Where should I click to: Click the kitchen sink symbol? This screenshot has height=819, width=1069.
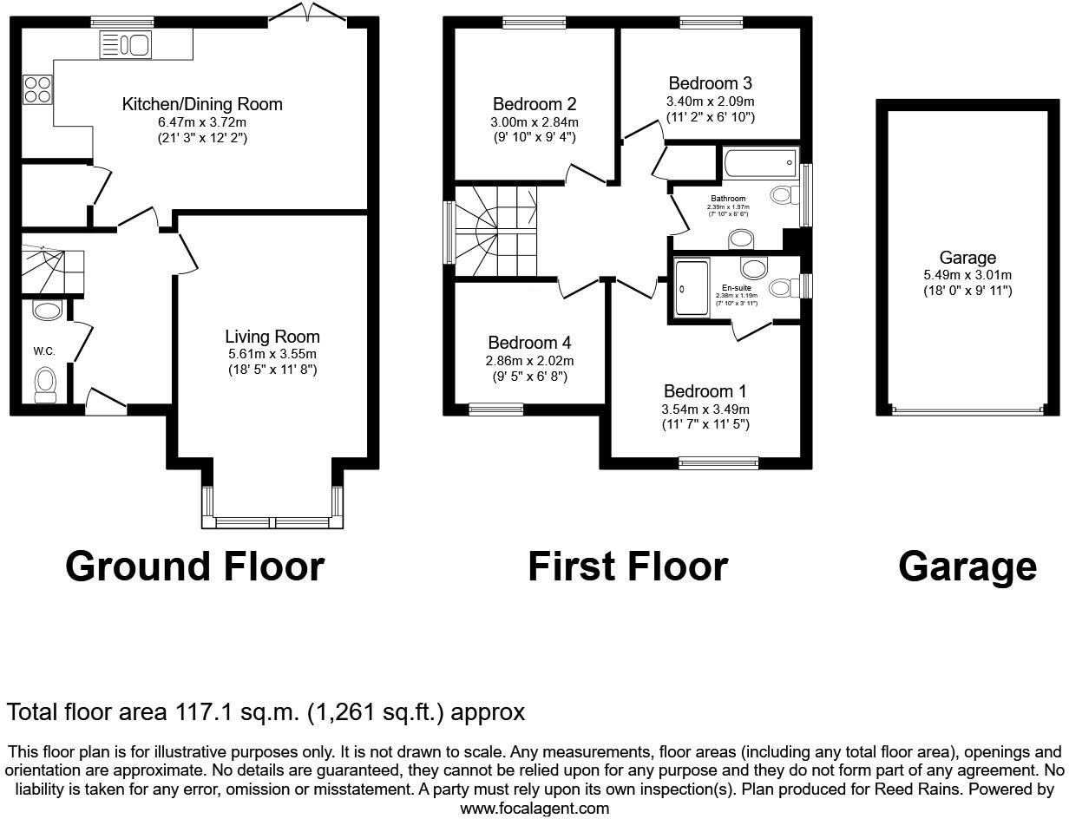pos(126,44)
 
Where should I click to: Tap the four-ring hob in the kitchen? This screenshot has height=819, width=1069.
pos(36,89)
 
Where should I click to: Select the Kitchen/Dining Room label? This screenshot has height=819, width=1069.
pos(201,105)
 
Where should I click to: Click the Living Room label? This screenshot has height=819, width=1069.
pos(272,337)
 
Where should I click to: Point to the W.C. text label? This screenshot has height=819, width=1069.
pos(44,351)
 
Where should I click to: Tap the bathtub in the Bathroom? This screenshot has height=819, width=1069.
pos(759,161)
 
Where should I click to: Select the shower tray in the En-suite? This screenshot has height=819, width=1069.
pos(691,287)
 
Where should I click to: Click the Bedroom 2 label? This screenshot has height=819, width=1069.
pos(535,104)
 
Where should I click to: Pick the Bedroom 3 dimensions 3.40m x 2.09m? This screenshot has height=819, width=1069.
pos(710,101)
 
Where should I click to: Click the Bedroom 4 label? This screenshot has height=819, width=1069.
pos(529,343)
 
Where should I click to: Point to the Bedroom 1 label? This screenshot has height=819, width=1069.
pos(705,391)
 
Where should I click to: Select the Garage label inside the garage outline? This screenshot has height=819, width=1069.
pos(967,258)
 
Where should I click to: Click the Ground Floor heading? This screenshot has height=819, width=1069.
pos(194,567)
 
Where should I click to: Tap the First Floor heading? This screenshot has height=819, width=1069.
pos(627,567)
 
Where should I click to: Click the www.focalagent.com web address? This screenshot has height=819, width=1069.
pos(534,809)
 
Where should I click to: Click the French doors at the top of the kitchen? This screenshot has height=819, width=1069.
pos(307,15)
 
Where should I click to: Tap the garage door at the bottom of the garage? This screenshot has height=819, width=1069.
pos(967,411)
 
